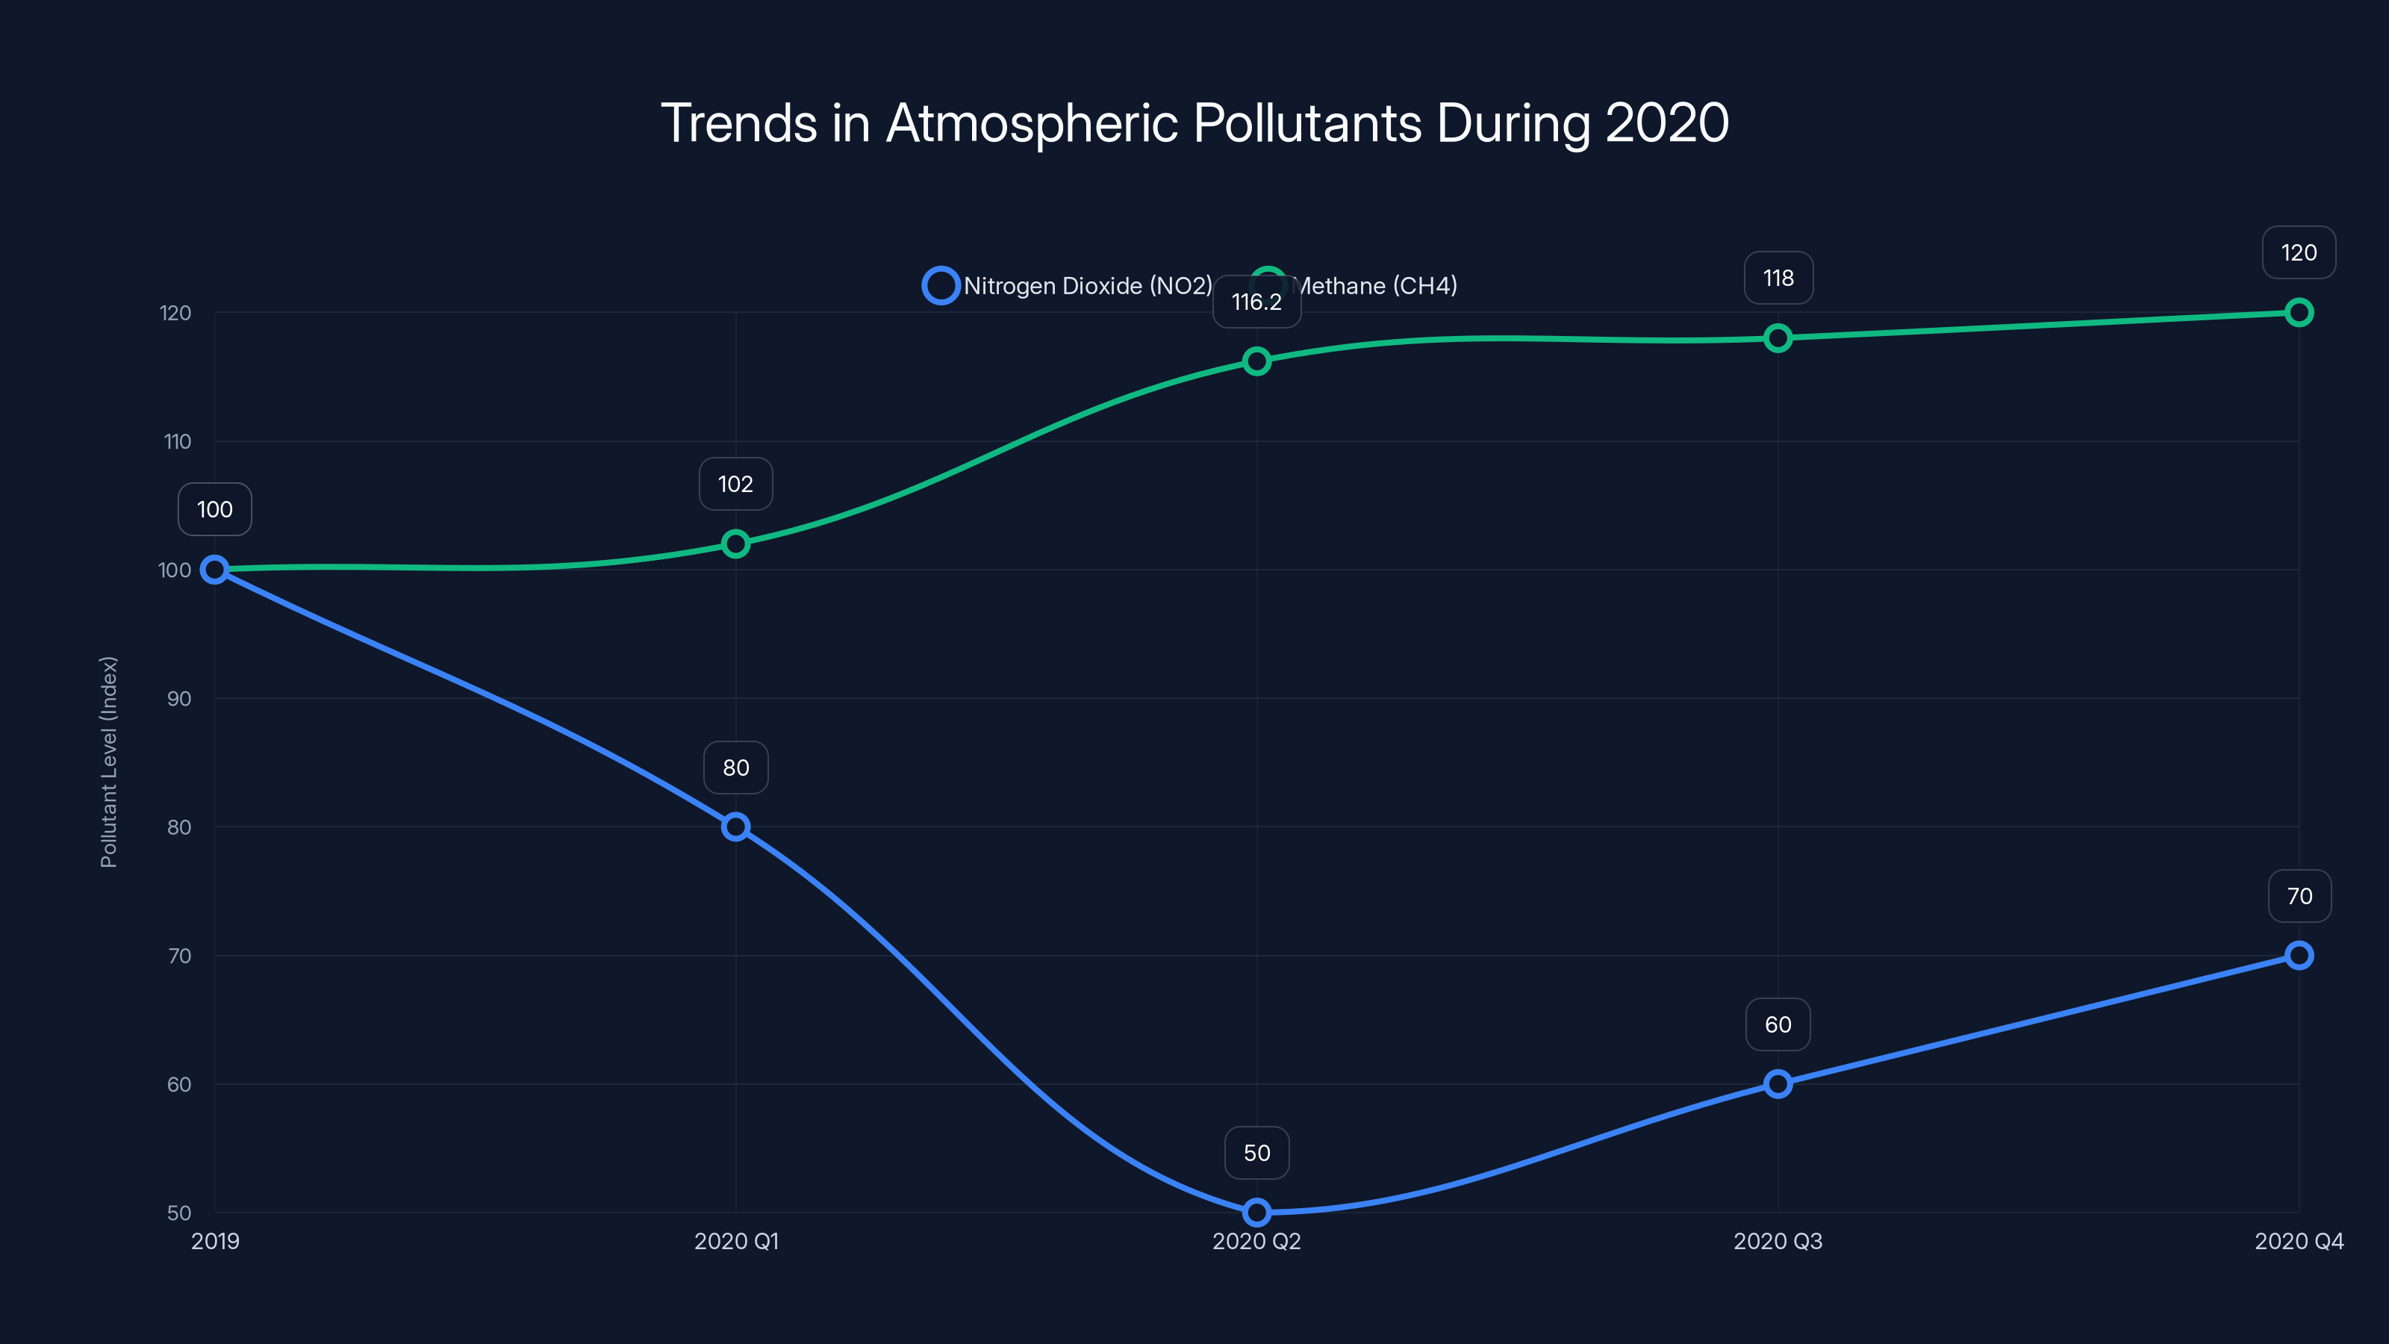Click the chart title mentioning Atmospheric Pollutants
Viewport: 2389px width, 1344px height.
pos(1194,122)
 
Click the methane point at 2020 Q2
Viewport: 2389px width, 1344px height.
pos(1256,361)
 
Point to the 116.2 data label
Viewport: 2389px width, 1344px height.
pos(1256,302)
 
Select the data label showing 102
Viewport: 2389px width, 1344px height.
pos(735,483)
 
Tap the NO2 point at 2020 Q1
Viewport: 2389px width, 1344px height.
pos(735,827)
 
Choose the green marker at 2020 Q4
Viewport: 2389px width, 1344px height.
pos(2298,313)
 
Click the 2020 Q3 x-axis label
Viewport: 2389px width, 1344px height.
pos(1778,1241)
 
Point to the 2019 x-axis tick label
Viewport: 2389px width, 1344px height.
pos(215,1241)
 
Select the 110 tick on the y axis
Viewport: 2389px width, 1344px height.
pos(177,441)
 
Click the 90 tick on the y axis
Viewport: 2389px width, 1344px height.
pos(179,698)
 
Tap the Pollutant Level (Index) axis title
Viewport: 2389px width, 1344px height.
pos(108,762)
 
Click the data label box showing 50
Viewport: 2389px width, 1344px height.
pos(1256,1152)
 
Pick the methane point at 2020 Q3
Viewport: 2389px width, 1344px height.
pos(1778,337)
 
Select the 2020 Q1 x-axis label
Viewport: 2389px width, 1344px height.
pos(736,1241)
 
